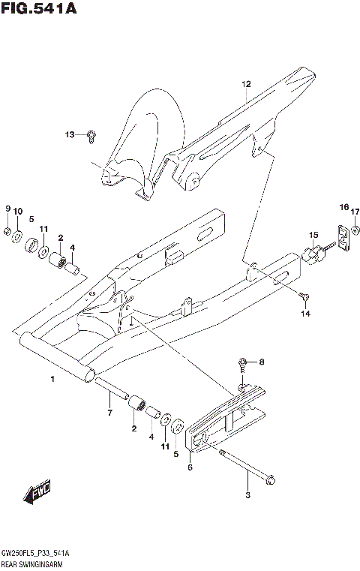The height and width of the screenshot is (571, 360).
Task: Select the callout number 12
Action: point(245,84)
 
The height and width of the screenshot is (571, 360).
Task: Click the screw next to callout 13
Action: point(91,135)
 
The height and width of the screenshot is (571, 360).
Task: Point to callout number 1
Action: point(52,380)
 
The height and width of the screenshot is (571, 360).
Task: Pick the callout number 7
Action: point(109,413)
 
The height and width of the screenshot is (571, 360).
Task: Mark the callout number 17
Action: point(355,211)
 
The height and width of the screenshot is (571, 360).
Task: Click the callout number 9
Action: point(7,209)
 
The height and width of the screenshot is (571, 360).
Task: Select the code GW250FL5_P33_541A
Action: point(35,552)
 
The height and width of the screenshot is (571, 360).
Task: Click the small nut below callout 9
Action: point(6,231)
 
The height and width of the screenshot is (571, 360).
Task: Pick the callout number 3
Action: point(247,494)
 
